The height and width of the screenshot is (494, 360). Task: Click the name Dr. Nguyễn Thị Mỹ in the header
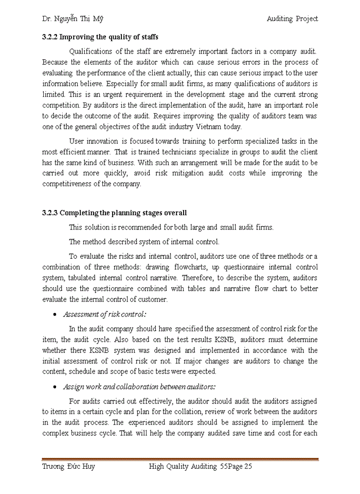(x=73, y=19)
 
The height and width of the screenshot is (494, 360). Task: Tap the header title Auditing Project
(x=292, y=19)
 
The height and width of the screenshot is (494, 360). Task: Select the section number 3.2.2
(x=51, y=37)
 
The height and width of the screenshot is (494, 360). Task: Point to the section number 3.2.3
(x=51, y=213)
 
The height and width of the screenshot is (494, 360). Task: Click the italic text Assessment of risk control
(x=107, y=314)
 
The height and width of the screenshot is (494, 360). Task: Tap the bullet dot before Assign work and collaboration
(x=55, y=387)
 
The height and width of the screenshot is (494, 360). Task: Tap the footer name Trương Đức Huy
(x=68, y=467)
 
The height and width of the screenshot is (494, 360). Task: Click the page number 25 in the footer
(x=247, y=467)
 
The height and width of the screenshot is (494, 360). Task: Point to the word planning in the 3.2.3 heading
(x=114, y=213)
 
